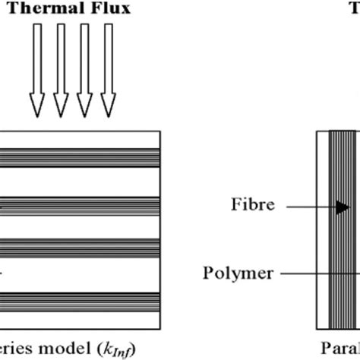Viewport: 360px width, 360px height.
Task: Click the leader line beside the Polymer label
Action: tap(319, 271)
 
